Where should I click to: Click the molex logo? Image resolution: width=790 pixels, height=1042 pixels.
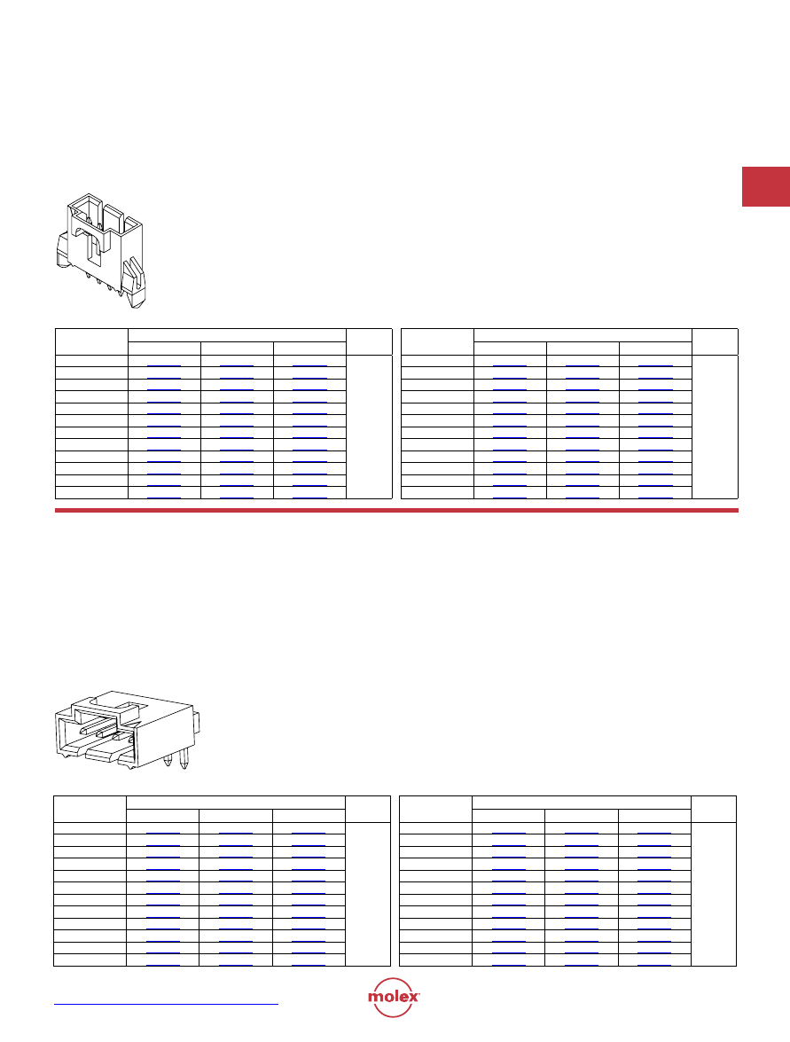click(x=394, y=997)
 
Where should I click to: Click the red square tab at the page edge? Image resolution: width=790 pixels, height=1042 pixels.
click(x=765, y=187)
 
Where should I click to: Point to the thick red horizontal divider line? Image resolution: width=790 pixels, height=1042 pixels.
click(x=396, y=511)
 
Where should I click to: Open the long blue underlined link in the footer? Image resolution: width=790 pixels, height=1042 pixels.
click(x=166, y=1004)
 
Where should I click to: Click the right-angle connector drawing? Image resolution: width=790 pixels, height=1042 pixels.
click(x=128, y=730)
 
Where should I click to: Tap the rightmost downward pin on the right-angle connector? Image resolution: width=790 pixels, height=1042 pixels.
click(x=184, y=760)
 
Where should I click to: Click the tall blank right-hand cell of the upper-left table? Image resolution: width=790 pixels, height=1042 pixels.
click(x=369, y=427)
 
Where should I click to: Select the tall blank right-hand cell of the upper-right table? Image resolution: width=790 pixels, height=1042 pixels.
click(x=715, y=427)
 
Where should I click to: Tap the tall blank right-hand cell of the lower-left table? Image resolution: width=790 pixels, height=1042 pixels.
click(x=367, y=894)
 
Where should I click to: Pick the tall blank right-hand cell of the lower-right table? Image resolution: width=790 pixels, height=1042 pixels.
click(x=714, y=894)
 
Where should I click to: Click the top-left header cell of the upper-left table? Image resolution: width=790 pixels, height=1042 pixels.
click(x=91, y=341)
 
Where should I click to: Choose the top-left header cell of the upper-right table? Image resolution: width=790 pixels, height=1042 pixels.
click(x=438, y=341)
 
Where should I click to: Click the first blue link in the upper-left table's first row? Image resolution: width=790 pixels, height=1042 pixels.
click(x=163, y=366)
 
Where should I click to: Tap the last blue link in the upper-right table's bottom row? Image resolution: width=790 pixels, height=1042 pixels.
click(x=655, y=497)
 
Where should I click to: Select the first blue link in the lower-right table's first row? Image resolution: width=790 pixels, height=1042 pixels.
click(x=508, y=834)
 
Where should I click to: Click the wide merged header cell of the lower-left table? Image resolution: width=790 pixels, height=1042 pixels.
click(x=236, y=803)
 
